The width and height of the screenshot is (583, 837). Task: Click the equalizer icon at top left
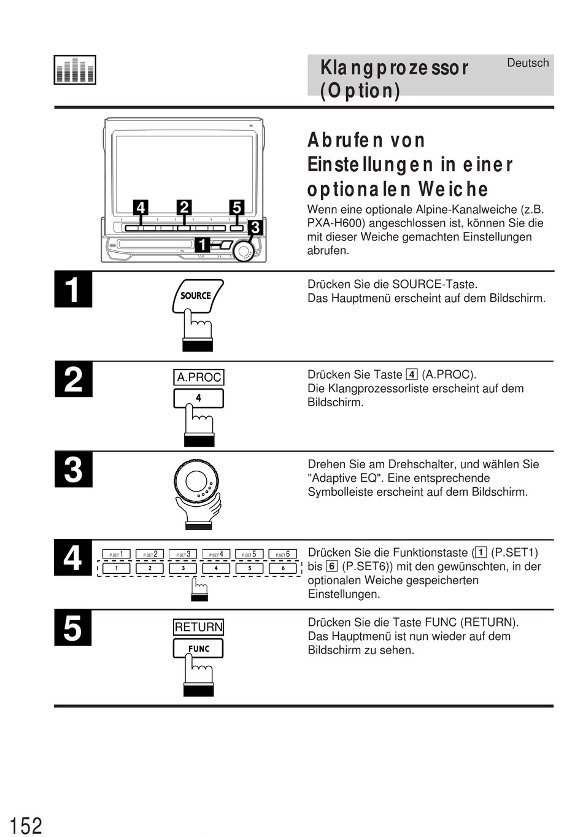(75, 70)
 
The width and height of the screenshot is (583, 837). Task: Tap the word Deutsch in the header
(528, 63)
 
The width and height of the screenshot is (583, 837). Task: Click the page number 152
(26, 825)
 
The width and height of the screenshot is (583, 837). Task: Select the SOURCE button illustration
(197, 296)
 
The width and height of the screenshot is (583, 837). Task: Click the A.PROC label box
(199, 377)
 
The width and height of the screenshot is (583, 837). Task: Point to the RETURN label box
(198, 627)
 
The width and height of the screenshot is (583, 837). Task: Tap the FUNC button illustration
(198, 649)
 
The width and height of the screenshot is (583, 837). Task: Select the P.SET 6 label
(283, 554)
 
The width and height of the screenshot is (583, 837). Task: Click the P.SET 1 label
(117, 554)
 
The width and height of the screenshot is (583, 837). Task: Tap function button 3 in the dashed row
(183, 568)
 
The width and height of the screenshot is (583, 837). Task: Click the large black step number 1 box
(73, 290)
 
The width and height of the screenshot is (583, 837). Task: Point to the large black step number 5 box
(73, 628)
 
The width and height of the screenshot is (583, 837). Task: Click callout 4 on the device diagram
(141, 208)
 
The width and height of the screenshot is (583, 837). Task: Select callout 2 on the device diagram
(183, 207)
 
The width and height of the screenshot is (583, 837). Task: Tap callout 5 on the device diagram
(237, 208)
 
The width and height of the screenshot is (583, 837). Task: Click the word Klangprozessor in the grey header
(394, 67)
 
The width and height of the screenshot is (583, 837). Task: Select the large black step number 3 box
(73, 470)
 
